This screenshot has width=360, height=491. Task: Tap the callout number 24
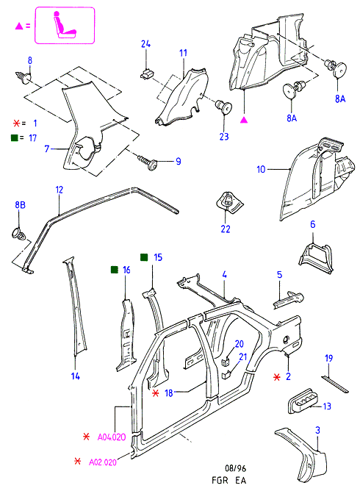[x=145, y=44]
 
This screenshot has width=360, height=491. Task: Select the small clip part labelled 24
[x=146, y=74]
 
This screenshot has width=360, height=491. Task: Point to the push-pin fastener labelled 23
[x=224, y=107]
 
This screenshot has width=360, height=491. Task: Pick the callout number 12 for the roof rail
[x=60, y=190]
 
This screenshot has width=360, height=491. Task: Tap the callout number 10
[x=261, y=169]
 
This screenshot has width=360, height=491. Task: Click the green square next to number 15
[x=144, y=257]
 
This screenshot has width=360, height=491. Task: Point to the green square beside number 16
[x=115, y=270]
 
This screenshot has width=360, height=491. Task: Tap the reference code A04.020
[x=112, y=437]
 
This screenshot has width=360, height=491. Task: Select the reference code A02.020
[x=103, y=462]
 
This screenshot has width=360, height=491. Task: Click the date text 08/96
[x=236, y=468]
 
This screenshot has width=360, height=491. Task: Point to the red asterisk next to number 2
[x=277, y=377]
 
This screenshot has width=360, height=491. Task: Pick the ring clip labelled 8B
[x=19, y=234]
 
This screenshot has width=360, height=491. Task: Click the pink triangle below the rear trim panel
[x=244, y=119]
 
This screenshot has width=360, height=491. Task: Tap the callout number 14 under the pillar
[x=76, y=376]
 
